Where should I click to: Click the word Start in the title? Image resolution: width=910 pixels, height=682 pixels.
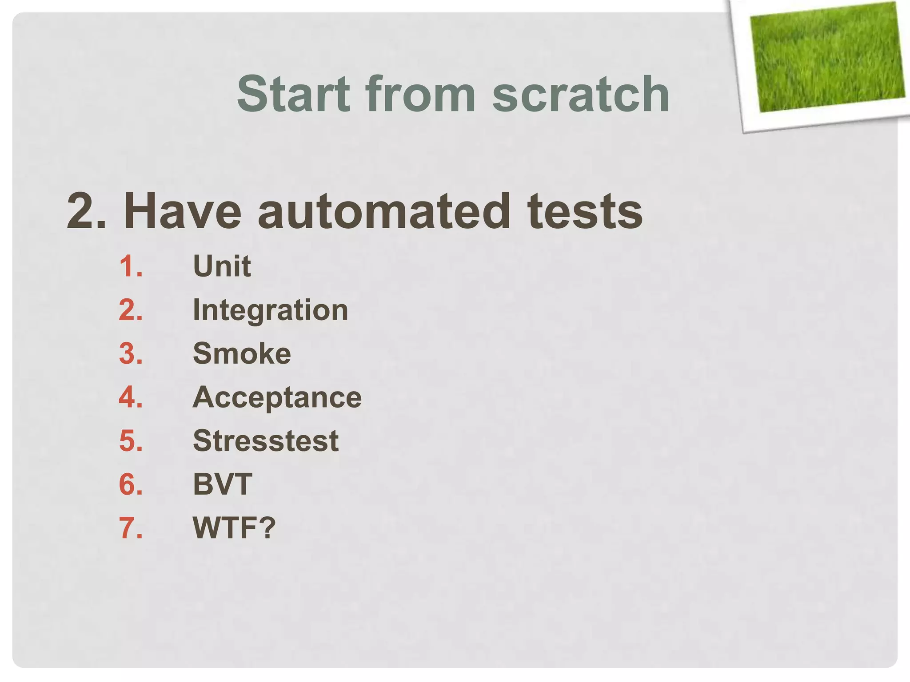click(293, 94)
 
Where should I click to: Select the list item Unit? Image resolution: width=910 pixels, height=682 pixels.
click(222, 266)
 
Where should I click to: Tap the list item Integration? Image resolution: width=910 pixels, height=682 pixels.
click(270, 310)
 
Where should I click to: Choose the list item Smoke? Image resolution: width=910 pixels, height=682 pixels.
click(242, 353)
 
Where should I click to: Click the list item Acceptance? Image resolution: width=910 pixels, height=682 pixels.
click(277, 397)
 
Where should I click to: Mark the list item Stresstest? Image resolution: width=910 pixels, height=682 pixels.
click(266, 441)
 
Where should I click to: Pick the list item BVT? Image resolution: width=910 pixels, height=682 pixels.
click(222, 484)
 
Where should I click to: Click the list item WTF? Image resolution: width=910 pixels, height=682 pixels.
click(234, 528)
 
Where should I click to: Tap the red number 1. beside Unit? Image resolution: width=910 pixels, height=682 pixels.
click(131, 266)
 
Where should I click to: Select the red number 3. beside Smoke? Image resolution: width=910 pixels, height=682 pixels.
click(131, 353)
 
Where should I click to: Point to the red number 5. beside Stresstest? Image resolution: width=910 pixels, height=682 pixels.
click(131, 441)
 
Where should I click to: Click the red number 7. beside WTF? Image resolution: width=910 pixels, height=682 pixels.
click(131, 528)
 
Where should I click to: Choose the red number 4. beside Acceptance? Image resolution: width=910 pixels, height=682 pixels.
click(131, 397)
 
